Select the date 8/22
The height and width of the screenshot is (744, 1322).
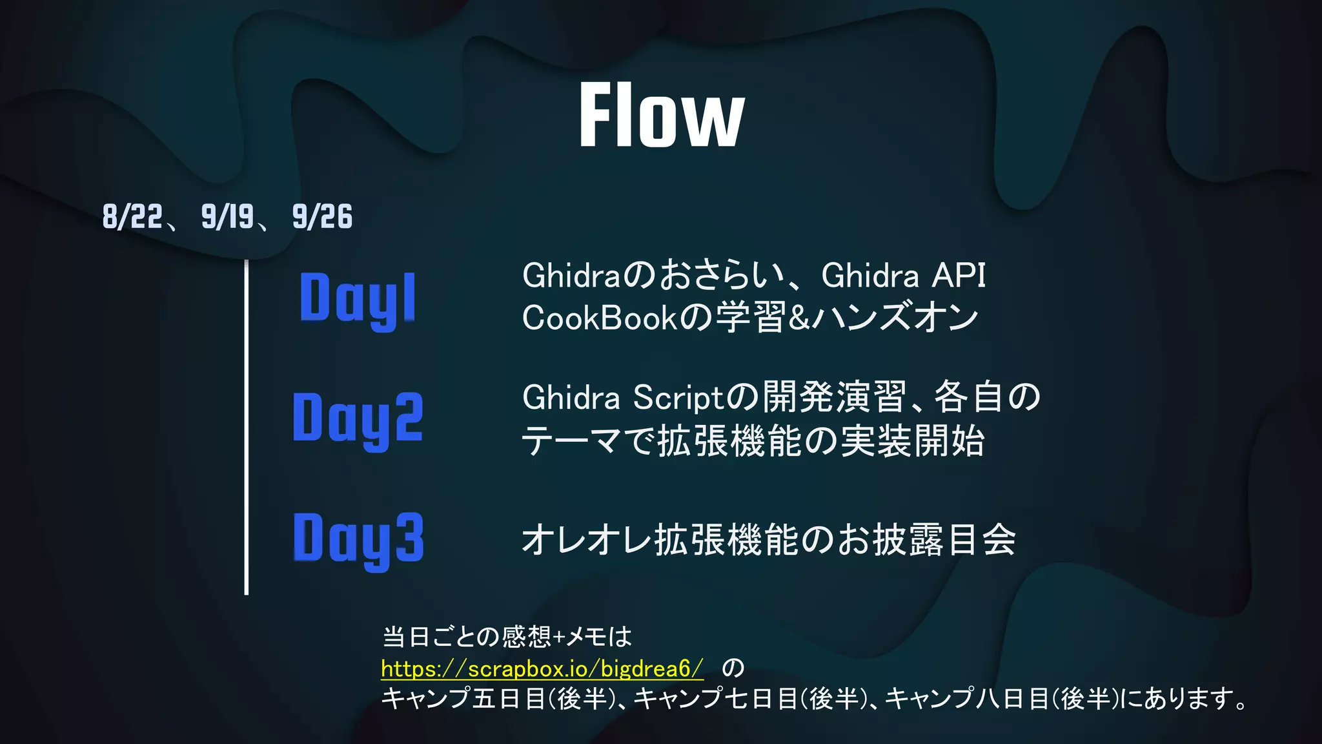[x=132, y=216]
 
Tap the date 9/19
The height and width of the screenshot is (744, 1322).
[x=227, y=216]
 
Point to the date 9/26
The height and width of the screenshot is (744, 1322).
[x=322, y=216]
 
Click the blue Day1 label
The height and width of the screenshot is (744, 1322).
[x=358, y=298]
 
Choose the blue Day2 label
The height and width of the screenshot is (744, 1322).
[x=358, y=418]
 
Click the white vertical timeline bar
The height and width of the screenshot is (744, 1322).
[x=247, y=426]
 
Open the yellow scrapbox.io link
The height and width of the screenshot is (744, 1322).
[x=542, y=668]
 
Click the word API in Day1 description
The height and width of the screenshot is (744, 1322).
[x=959, y=276]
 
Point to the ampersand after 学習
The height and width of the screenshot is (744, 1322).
[x=798, y=318]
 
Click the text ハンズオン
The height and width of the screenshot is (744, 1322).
[x=896, y=318]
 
